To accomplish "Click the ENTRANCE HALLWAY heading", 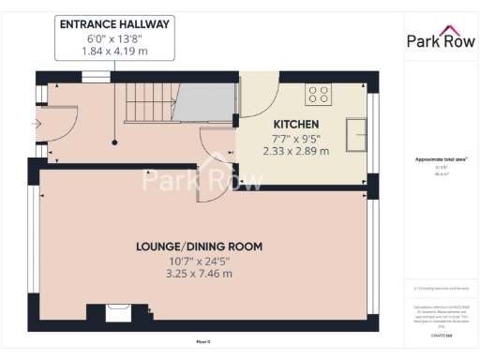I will coord(114,24).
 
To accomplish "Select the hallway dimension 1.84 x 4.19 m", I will coord(114,52).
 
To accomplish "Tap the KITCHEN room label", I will coord(296,124).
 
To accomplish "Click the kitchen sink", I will coord(356,133).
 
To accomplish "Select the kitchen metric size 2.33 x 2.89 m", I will coord(296,150).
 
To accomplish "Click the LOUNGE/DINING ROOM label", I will coord(199,247).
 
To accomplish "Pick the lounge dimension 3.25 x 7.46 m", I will coord(199,274).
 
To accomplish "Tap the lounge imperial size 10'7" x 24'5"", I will coord(199,261).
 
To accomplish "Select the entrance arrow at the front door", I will coord(36,123).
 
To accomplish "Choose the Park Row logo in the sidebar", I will coord(439,39).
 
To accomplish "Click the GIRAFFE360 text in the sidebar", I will coord(439,334).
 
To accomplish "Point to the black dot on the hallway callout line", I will coord(114,142).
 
